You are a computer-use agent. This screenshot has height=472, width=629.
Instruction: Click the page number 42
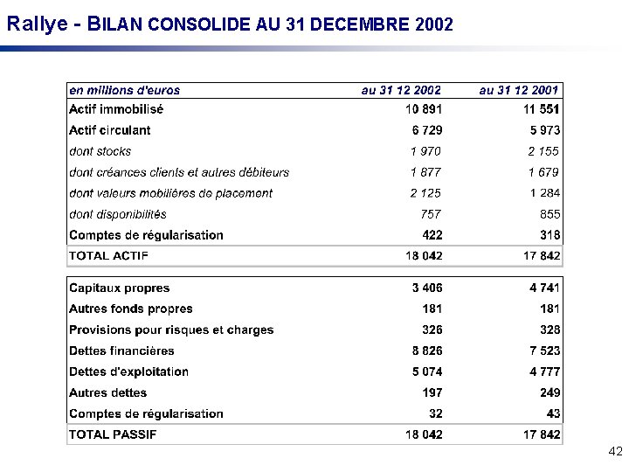[x=614, y=452]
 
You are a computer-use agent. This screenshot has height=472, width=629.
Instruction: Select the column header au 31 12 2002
[x=401, y=89]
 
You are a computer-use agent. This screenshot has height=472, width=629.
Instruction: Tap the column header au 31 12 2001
[x=519, y=89]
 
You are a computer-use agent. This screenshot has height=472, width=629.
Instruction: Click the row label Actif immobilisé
[x=116, y=109]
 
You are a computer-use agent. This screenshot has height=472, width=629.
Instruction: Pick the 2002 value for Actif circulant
[x=427, y=130]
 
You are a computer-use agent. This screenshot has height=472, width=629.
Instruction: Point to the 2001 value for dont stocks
[x=543, y=151]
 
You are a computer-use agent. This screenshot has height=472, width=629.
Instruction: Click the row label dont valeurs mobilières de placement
[x=170, y=193]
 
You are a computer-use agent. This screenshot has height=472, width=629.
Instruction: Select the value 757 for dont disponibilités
[x=430, y=214]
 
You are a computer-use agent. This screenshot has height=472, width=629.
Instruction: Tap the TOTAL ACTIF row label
[x=108, y=256]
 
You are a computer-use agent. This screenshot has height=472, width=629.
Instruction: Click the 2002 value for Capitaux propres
[x=427, y=288]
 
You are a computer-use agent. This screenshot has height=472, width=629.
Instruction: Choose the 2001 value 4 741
[x=543, y=288]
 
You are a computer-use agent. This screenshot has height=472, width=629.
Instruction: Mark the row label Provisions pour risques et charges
[x=171, y=330]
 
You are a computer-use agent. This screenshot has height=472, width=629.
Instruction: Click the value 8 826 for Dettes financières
[x=427, y=351]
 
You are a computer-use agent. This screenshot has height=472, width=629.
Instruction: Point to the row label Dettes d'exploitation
[x=128, y=371]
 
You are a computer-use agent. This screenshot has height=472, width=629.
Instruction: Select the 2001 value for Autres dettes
[x=549, y=392]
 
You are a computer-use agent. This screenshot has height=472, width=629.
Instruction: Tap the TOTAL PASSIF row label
[x=112, y=434]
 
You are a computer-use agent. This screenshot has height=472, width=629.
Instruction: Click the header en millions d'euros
[x=125, y=89]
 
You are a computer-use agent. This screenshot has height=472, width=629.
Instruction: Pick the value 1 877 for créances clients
[x=425, y=172]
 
